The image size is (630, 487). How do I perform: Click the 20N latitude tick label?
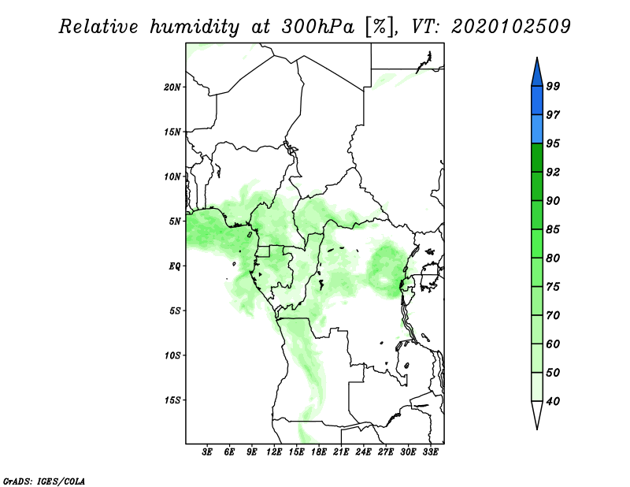[x=172, y=87]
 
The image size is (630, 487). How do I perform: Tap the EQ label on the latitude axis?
[x=174, y=266]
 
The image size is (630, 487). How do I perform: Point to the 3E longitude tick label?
[x=207, y=452]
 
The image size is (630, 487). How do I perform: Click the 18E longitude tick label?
[x=319, y=452]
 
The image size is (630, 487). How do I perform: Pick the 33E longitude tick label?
[x=430, y=452]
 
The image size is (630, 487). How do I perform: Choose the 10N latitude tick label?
[x=172, y=177]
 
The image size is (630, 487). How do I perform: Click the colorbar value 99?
[x=553, y=86]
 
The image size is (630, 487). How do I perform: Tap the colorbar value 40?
[x=553, y=401]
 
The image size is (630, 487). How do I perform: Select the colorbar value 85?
[x=553, y=229]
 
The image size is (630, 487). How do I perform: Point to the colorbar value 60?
[x=553, y=344]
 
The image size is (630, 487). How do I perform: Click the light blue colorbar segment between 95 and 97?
[x=537, y=129]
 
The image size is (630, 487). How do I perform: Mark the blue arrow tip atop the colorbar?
[x=537, y=58]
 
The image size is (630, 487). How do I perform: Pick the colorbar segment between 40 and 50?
[x=537, y=387]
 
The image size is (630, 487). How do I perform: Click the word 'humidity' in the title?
[x=195, y=27]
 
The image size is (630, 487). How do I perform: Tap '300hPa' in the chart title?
[x=318, y=27]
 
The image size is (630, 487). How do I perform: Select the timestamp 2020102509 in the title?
[x=511, y=27]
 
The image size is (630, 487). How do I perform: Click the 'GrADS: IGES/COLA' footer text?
[x=44, y=481]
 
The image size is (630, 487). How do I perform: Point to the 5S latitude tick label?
[x=174, y=310]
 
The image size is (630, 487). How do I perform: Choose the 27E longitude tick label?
[x=386, y=452]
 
